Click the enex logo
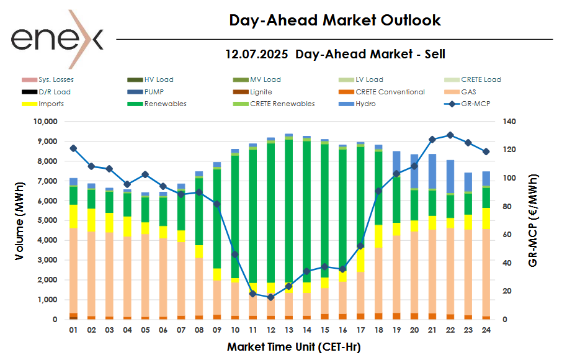pyautogui.click(x=57, y=39)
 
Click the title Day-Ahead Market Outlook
pyautogui.click(x=335, y=20)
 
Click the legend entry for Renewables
pyautogui.click(x=165, y=104)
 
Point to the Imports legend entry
pyautogui.click(x=51, y=104)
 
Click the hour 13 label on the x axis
pyautogui.click(x=289, y=330)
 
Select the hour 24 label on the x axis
pyautogui.click(x=486, y=330)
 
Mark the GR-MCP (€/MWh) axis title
pyautogui.click(x=534, y=220)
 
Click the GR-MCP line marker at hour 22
pyautogui.click(x=450, y=135)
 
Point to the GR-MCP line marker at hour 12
pyautogui.click(x=270, y=297)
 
